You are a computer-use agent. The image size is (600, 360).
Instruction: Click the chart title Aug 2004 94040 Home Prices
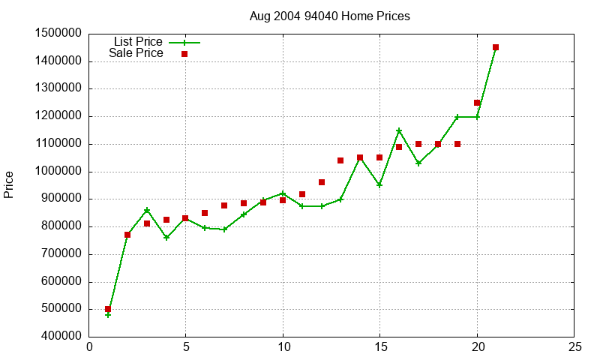click(329, 16)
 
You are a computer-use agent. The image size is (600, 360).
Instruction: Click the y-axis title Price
click(9, 184)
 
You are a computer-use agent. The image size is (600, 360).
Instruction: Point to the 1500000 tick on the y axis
click(58, 34)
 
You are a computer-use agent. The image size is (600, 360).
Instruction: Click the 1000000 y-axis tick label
click(58, 172)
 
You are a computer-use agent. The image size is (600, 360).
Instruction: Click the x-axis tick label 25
click(574, 347)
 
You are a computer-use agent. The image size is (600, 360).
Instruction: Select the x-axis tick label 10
click(283, 347)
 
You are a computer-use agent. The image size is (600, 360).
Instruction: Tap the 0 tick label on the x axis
click(89, 347)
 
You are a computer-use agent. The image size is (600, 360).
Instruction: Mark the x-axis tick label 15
click(380, 347)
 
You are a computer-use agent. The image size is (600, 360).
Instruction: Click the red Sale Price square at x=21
click(496, 47)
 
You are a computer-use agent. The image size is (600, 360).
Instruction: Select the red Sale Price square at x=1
click(108, 309)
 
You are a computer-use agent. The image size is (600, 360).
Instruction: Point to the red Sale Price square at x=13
click(340, 160)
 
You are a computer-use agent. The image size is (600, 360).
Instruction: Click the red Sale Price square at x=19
click(457, 144)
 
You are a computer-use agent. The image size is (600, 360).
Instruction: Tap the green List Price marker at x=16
click(399, 131)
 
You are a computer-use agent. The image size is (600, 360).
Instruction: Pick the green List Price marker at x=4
click(166, 238)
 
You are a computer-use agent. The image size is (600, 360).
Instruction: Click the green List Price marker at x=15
click(379, 185)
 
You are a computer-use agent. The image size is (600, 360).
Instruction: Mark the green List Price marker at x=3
click(147, 210)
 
